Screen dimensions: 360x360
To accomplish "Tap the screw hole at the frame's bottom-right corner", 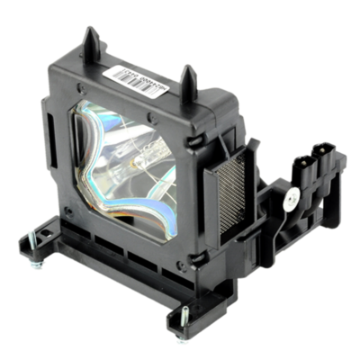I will pyautogui.click(x=180, y=256).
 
